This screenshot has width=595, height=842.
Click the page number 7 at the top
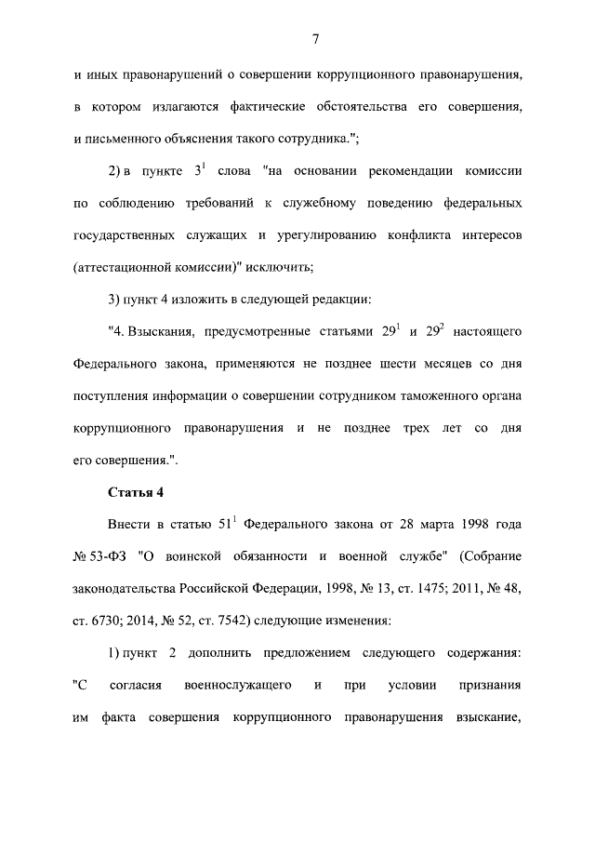[316, 38]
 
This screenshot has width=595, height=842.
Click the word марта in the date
[434, 525]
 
